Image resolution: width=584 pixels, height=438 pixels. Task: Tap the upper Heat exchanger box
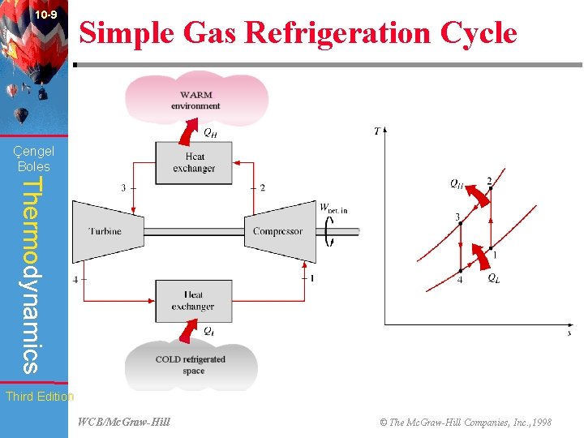click(194, 162)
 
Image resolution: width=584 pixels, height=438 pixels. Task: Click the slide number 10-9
click(46, 15)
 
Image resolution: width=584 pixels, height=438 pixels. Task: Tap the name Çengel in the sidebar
click(34, 151)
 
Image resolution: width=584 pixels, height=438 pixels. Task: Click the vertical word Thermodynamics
click(30, 275)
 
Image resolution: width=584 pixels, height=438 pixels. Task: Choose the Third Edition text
click(39, 397)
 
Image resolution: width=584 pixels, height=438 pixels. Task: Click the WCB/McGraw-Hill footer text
click(123, 422)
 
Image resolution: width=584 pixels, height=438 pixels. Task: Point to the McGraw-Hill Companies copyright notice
click(466, 422)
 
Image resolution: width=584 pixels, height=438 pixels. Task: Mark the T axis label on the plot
click(377, 131)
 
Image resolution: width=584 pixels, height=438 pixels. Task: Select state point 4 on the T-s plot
click(460, 270)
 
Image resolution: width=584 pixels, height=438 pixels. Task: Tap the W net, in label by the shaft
click(333, 209)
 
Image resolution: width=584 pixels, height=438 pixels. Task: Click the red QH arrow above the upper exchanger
click(191, 127)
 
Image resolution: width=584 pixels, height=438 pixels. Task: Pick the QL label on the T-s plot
click(493, 277)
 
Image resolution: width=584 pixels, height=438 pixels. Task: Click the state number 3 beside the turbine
click(123, 187)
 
